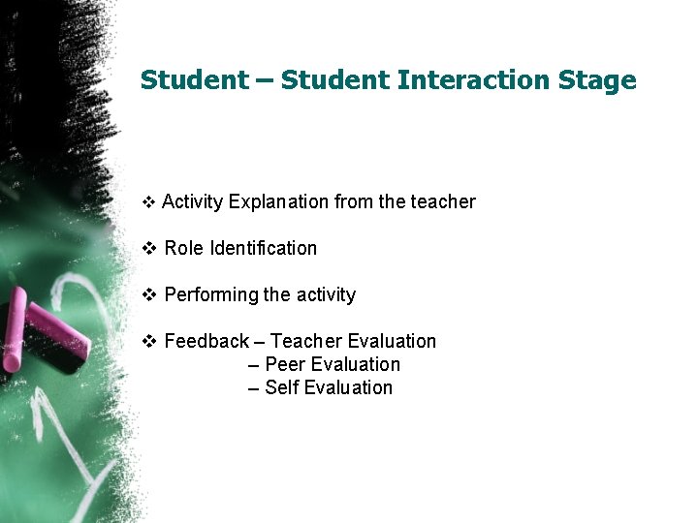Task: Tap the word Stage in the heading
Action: coord(597,80)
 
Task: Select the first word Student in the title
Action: coord(194,80)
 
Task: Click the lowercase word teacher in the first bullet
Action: coord(443,202)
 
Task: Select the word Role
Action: coord(184,249)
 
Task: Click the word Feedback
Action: coord(206,342)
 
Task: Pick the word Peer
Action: coord(284,365)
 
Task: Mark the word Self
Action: coord(281,388)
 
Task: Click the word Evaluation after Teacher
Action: coord(392,342)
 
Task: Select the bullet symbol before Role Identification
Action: coord(149,249)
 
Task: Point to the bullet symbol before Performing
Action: coord(149,295)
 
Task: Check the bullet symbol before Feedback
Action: coord(149,342)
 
